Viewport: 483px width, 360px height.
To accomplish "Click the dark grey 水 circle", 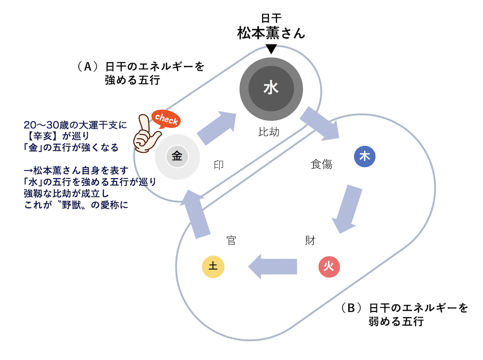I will [x=271, y=88].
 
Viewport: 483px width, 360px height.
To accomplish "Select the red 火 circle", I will [x=329, y=267].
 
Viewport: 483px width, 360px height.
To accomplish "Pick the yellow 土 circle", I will [x=213, y=267].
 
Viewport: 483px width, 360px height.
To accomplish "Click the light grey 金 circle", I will [x=177, y=157].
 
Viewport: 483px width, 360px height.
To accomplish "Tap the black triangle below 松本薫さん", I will [x=271, y=49].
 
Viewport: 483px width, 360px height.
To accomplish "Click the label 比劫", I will [x=269, y=132].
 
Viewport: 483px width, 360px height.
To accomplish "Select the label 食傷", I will [x=321, y=164].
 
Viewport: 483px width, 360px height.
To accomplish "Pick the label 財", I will [x=310, y=240].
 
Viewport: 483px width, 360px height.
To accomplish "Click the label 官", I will [x=231, y=240].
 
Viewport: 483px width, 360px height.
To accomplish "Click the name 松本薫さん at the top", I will [x=271, y=33].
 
